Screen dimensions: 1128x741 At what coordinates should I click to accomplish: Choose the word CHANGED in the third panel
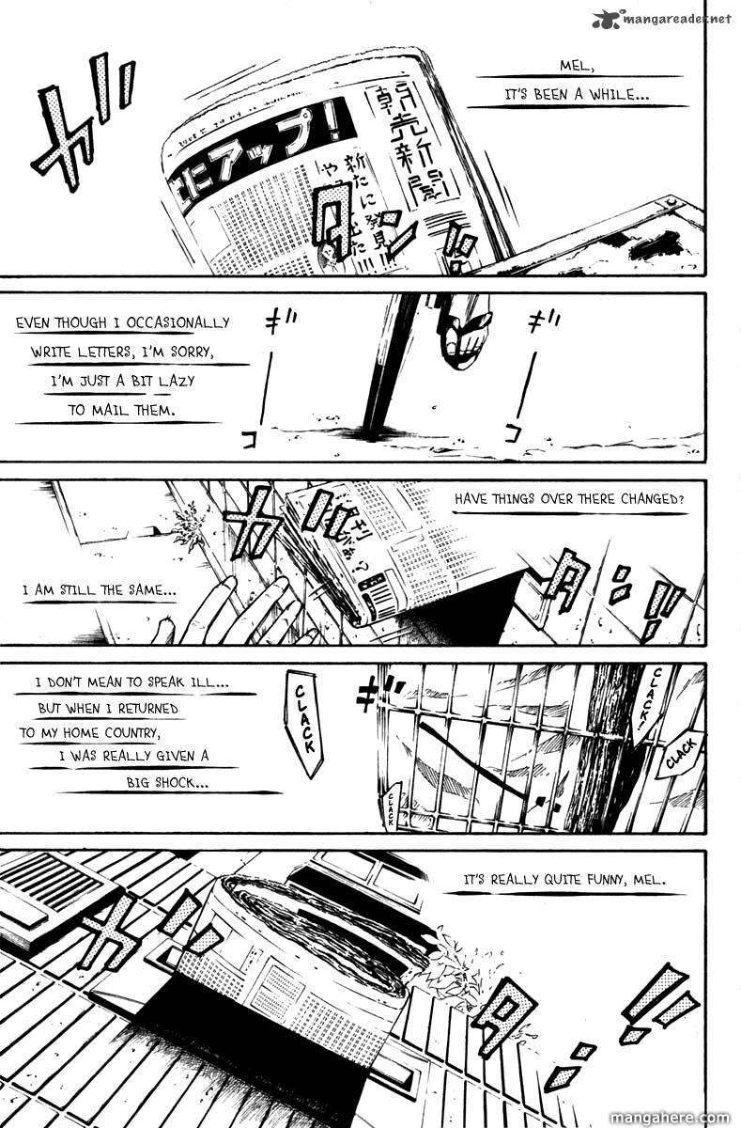pos(652,499)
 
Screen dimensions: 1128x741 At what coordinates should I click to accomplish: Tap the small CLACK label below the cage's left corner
pos(392,807)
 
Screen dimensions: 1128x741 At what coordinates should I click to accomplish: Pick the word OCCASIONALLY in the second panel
pos(174,322)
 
